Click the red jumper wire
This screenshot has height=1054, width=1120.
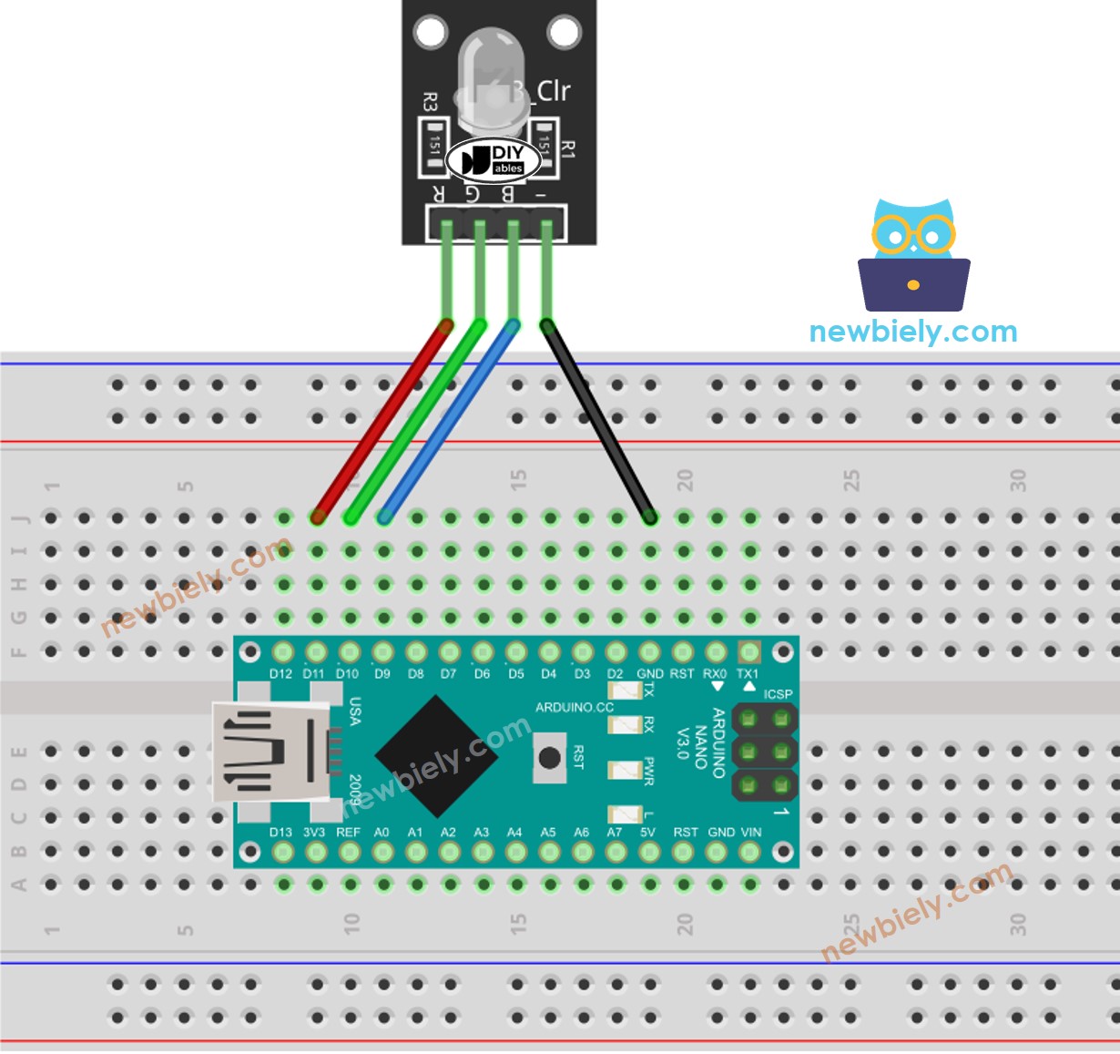(x=381, y=421)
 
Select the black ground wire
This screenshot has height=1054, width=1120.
(x=598, y=421)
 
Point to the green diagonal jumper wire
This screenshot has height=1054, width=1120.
(x=415, y=421)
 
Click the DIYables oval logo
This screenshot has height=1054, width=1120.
(x=494, y=160)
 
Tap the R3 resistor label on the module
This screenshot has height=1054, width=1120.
(x=431, y=102)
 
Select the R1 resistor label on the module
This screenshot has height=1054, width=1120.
(x=568, y=148)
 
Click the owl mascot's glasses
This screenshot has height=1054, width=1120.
(x=912, y=236)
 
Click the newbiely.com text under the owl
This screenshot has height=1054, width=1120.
(x=912, y=332)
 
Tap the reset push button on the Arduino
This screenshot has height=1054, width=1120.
(x=549, y=758)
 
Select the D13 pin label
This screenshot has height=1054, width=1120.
(x=280, y=832)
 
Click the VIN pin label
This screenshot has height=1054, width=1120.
(x=750, y=832)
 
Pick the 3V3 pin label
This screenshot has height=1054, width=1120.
(x=314, y=832)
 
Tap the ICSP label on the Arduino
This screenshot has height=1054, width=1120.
(x=778, y=694)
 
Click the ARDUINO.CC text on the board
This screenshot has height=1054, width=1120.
(x=574, y=707)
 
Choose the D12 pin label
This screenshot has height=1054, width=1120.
(x=280, y=674)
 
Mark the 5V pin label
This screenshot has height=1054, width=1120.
(x=647, y=832)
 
